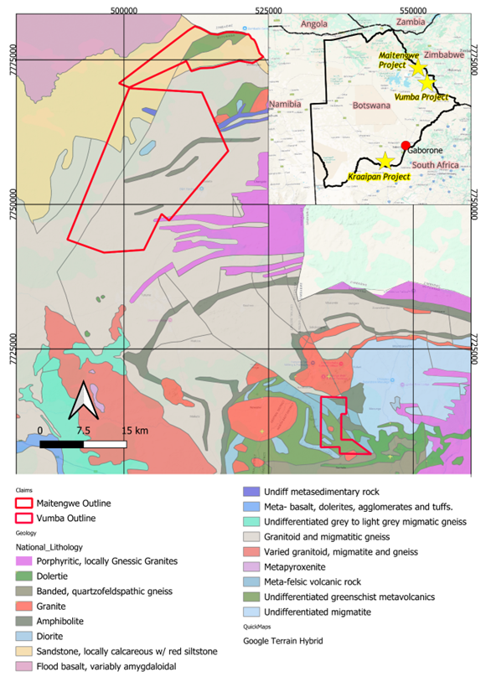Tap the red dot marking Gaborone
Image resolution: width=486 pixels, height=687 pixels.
406,146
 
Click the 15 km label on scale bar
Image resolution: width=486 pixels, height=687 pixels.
134,431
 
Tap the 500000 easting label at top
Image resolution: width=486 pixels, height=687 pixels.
123,9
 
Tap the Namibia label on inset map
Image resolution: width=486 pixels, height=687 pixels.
286,104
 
